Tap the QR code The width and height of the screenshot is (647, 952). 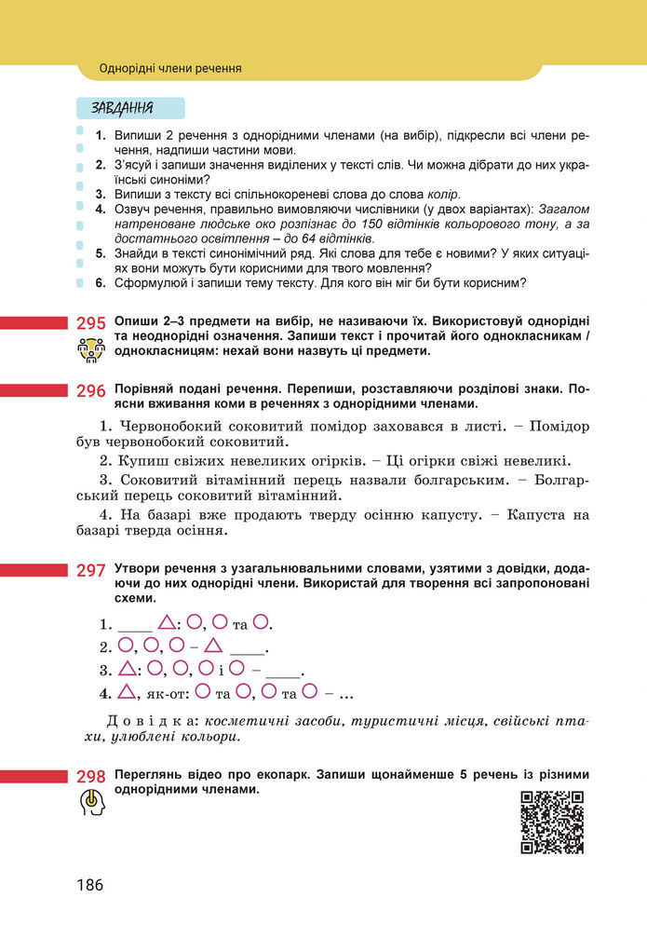click(x=551, y=823)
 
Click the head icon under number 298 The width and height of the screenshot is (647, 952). click(x=89, y=803)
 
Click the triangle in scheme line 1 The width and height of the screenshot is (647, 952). click(x=167, y=622)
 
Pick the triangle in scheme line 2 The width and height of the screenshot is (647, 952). click(x=213, y=646)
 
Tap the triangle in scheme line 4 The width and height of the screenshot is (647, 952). click(x=125, y=692)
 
